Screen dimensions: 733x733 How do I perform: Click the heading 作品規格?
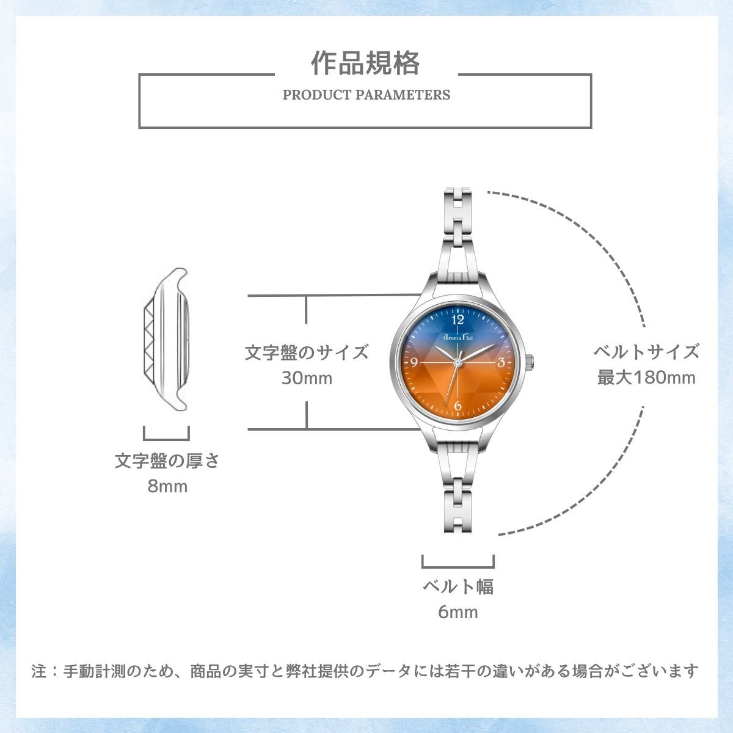point(365,63)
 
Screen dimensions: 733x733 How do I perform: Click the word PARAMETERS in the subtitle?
point(403,95)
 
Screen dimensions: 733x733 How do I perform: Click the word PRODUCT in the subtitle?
point(317,95)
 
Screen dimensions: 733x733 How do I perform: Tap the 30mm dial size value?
point(307,378)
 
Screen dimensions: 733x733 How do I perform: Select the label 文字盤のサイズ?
point(307,352)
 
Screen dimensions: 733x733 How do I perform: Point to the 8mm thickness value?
point(167,486)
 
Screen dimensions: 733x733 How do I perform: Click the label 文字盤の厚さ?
point(167,461)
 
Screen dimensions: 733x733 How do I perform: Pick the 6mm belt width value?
point(458,612)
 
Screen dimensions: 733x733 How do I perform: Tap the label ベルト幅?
point(458,586)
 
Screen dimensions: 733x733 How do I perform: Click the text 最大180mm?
point(646,377)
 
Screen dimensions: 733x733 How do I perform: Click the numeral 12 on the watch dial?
point(458,319)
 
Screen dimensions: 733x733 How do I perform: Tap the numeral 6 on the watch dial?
point(458,406)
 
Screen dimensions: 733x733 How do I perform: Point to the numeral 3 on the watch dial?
point(501,362)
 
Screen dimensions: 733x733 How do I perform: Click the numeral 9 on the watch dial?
point(415,362)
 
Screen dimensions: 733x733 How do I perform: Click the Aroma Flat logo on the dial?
point(458,337)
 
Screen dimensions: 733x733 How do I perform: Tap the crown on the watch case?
point(530,362)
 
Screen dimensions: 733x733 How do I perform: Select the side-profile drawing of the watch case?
point(166,339)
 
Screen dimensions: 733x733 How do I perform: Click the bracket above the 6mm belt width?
point(458,567)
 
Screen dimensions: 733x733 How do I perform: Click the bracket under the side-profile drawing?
point(166,439)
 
